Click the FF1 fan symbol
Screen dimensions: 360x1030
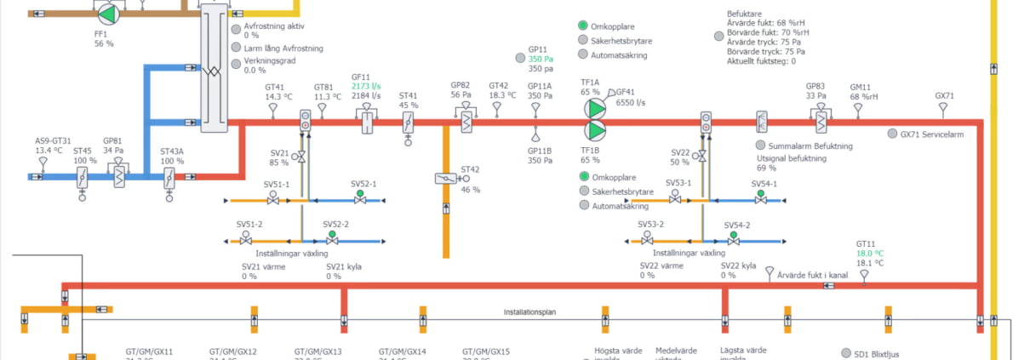[x=107, y=14]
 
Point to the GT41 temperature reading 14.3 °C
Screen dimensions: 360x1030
[x=278, y=97]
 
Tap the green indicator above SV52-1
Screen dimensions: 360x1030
[x=359, y=193]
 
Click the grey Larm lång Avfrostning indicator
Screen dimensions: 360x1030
[x=237, y=49]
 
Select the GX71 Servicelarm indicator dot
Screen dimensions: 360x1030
[x=892, y=134]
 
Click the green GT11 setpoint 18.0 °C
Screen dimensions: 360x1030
[x=870, y=253]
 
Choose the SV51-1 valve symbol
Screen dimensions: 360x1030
[x=273, y=201]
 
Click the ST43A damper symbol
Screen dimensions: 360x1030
[x=169, y=176]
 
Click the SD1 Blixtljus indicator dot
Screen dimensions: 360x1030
[x=846, y=353]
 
